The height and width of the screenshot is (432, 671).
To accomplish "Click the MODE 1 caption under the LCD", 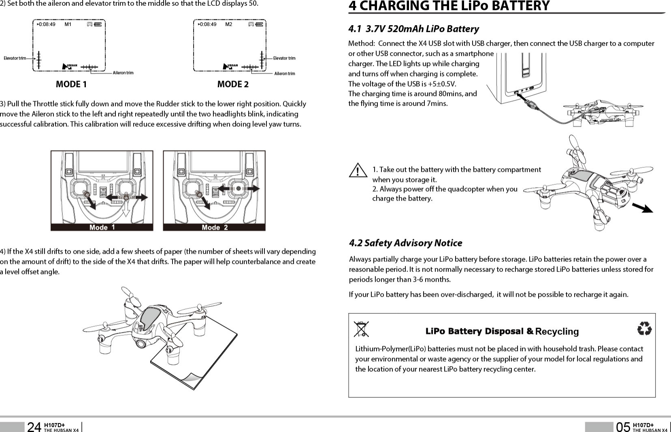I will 71,84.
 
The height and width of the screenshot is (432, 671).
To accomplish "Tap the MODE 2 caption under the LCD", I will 233,84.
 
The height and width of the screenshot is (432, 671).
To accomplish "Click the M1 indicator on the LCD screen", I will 68,24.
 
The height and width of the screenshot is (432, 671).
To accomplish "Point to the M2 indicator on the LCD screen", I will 229,24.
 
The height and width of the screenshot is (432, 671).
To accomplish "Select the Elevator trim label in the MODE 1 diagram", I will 15,58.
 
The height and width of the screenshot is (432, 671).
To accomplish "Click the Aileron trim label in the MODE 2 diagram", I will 285,74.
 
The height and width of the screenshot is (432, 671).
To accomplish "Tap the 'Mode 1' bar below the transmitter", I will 102,227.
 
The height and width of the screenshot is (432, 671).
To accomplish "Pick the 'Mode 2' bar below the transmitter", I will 215,227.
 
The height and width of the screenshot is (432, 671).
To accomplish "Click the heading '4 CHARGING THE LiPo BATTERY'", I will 449,6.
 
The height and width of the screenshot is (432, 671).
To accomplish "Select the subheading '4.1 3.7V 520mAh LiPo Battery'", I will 413,29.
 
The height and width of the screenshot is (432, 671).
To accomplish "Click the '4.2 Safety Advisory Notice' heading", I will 405,243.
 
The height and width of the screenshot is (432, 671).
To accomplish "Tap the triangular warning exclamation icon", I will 357,170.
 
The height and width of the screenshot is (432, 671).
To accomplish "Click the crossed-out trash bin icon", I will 361,329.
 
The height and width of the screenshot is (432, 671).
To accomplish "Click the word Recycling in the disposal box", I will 557,331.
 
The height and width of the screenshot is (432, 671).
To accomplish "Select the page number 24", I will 34,427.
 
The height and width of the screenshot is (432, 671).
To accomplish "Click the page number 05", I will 623,427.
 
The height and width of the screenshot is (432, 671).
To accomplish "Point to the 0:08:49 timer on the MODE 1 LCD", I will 47,24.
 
